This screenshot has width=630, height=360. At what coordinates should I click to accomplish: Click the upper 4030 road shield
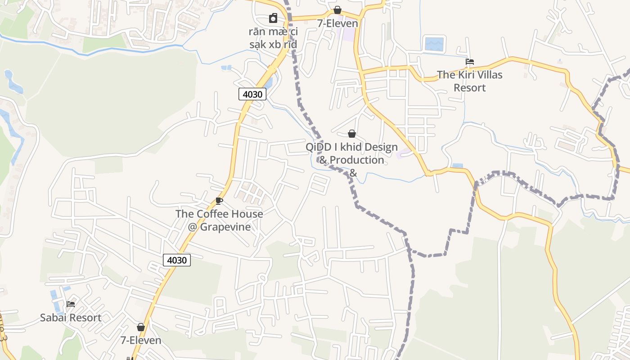252,94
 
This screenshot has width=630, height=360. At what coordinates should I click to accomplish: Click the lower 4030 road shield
177,260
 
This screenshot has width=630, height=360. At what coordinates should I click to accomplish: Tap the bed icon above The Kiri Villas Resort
470,62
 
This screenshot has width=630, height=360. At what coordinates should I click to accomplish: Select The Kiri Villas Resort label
469,81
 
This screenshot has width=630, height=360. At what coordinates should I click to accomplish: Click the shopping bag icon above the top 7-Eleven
337,10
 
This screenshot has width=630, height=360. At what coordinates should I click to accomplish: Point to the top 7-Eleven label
337,23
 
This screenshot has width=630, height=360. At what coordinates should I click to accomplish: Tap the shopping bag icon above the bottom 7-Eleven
141,327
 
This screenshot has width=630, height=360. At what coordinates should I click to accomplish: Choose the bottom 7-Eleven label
141,340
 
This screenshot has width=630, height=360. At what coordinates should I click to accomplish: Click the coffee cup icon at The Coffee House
219,201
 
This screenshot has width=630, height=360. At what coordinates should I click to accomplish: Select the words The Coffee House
219,214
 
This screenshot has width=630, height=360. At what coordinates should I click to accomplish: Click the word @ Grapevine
219,227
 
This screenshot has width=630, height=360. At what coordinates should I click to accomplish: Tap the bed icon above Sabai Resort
71,304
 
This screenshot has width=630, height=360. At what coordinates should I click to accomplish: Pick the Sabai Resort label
71,318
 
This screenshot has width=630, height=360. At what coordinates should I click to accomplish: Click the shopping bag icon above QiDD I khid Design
352,134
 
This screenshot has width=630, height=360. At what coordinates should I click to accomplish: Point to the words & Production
352,160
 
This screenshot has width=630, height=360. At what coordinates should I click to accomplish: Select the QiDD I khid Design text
352,147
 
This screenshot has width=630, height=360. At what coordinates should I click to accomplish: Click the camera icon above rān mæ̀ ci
273,18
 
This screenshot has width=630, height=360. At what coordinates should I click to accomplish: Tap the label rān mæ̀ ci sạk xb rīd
273,38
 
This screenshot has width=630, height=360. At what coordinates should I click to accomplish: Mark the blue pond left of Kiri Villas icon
434,44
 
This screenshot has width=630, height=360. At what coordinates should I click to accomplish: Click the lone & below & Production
353,173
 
